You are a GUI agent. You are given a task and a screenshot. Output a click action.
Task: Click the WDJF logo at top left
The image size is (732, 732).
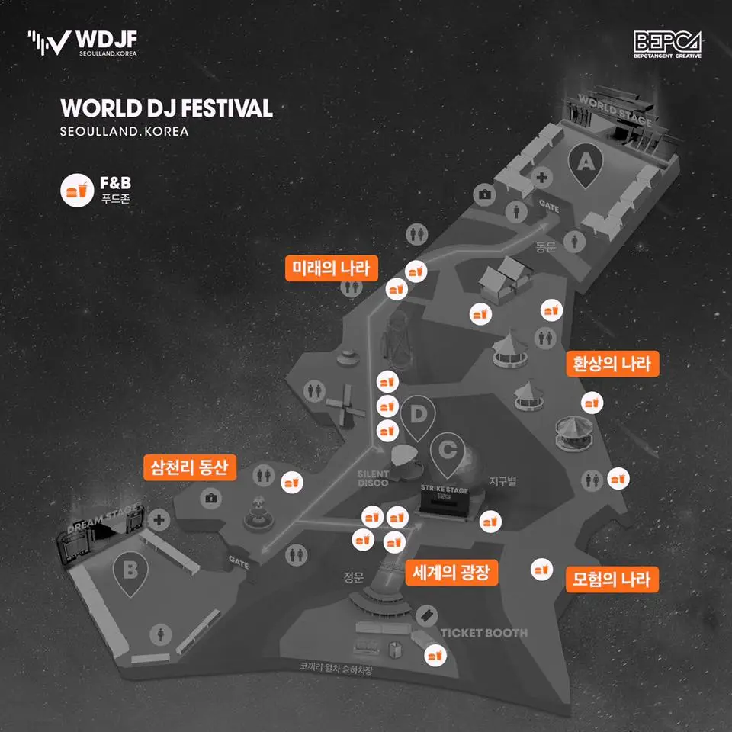click(82, 43)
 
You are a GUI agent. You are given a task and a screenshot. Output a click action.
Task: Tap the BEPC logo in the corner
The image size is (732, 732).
click(667, 44)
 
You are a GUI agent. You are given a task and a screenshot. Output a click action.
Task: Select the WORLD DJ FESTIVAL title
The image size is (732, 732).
click(166, 108)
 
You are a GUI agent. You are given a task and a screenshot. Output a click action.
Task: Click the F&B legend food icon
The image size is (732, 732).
click(75, 190)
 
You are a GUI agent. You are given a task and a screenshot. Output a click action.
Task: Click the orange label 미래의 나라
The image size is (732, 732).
click(331, 268)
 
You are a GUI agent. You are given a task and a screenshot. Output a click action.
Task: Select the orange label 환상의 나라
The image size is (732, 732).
click(612, 363)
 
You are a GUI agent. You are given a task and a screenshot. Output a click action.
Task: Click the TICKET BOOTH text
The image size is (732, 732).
click(483, 633)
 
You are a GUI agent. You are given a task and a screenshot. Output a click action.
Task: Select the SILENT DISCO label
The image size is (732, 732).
click(374, 478)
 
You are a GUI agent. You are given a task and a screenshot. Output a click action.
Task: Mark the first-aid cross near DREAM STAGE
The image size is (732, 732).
click(159, 520)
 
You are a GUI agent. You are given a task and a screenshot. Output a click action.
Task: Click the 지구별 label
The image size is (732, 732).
click(503, 481)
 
